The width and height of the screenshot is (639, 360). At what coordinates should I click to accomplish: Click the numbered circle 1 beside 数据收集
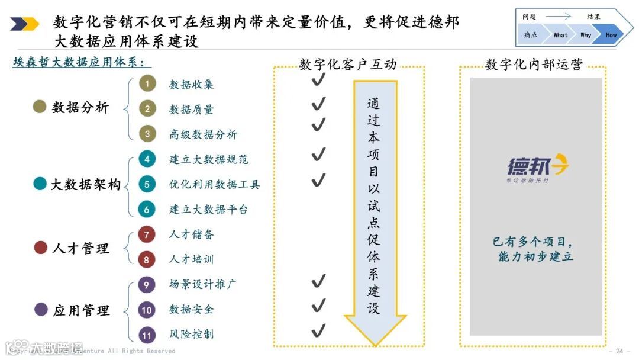click(x=147, y=84)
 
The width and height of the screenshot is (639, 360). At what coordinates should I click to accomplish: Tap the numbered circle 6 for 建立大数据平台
click(x=147, y=209)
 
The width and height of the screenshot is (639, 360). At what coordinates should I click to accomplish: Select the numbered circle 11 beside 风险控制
click(x=147, y=335)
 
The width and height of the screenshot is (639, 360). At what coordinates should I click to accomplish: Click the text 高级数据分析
click(x=203, y=134)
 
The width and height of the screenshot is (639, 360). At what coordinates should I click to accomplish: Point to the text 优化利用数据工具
click(x=214, y=184)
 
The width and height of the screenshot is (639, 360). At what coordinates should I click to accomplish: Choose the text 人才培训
click(x=191, y=259)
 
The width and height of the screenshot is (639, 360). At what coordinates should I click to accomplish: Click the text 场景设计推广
click(x=203, y=284)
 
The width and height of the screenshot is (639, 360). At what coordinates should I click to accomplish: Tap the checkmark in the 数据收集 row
click(x=318, y=80)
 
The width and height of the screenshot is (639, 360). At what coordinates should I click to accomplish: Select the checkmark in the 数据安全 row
click(x=318, y=306)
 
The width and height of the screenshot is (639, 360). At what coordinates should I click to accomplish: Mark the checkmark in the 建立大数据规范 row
click(x=318, y=155)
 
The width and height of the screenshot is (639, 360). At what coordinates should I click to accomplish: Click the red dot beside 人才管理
click(x=40, y=247)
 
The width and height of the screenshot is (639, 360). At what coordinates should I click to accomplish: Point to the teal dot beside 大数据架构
click(x=40, y=184)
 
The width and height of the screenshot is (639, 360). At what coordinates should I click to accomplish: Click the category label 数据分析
click(x=80, y=108)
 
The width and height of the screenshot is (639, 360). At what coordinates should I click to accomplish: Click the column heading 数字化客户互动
click(x=348, y=65)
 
